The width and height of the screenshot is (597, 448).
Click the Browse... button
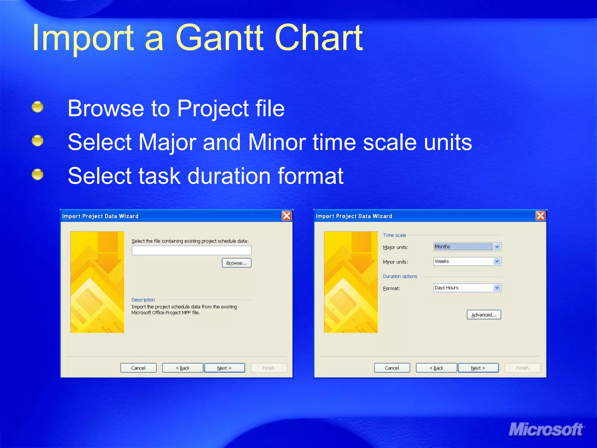coord(236,263)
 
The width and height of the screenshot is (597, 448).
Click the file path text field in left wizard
coord(192,250)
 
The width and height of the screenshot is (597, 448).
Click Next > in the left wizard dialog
coord(224,368)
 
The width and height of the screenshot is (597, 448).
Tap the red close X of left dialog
coord(287,216)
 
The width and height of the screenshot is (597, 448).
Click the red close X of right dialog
coord(540,216)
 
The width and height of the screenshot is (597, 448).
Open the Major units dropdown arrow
coord(497,247)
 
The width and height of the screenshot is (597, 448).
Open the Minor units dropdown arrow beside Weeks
coord(497,261)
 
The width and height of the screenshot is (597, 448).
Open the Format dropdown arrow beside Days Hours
coord(497,288)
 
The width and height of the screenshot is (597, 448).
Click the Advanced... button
coord(484,315)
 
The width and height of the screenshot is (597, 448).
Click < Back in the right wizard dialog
coord(436,368)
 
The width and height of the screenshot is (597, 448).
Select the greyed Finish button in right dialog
coord(522,368)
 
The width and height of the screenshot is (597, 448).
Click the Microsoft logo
coord(546,429)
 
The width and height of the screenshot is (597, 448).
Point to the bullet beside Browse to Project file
coord(38,107)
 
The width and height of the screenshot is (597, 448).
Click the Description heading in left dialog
coord(143,300)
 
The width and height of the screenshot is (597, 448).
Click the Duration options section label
coord(400,276)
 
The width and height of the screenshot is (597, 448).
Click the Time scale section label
coord(394,235)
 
